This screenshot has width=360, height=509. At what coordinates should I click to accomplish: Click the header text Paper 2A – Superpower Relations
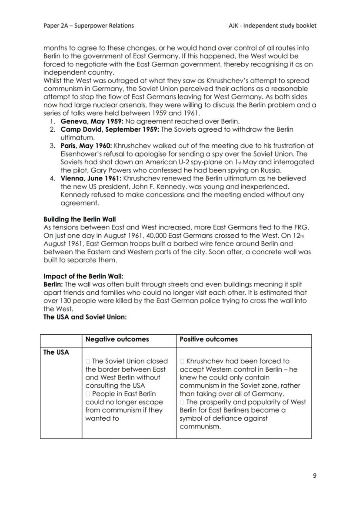pos(89,26)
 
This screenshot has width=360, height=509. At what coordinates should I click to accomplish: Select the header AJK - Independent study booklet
pos(273,26)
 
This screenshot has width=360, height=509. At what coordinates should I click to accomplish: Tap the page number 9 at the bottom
pos(314,476)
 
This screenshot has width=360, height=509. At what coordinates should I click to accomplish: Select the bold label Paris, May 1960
pos(86,146)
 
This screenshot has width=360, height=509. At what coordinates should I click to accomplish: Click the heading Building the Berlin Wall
pos(80,219)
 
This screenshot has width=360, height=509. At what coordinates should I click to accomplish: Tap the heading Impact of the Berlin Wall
pos(83,276)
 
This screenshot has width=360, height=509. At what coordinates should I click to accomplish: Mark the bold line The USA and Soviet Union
pos(85,317)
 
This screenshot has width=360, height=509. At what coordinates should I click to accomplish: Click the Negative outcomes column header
pos(117,339)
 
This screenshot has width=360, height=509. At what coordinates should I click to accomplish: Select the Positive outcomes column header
pos(209,339)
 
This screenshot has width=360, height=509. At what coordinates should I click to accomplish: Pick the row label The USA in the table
pos(56,353)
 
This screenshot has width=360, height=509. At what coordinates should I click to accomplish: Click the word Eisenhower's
pos(83,154)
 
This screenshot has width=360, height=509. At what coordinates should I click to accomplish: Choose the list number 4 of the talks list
pos(52,178)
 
